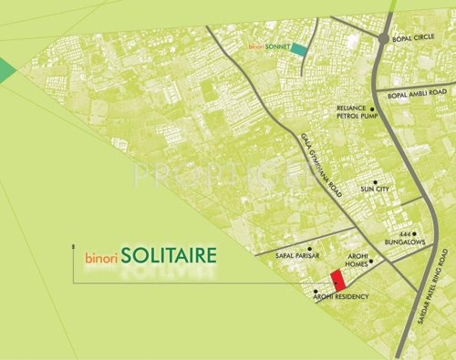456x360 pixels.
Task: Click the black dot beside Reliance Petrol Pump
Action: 373,108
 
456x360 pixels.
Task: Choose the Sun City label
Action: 375,189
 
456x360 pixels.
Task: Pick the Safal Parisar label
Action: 295,258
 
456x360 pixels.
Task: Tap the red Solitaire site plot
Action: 337,280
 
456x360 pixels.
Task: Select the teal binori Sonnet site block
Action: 298,50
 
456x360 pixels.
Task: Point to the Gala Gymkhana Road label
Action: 319,167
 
